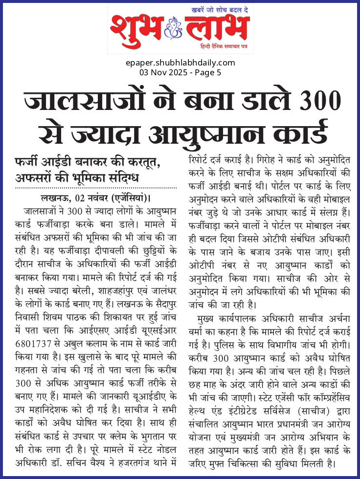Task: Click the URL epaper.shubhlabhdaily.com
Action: coord(180,63)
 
